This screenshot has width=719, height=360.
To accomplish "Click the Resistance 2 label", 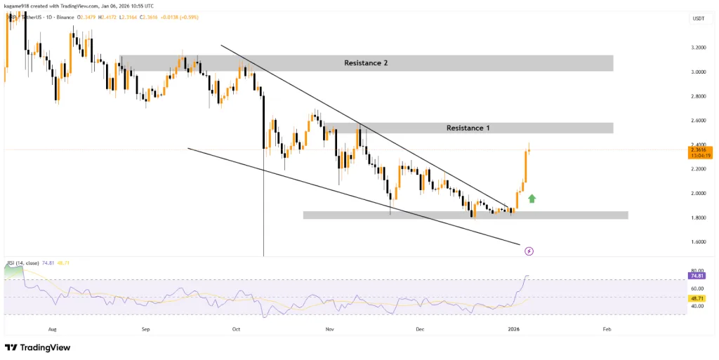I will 366,63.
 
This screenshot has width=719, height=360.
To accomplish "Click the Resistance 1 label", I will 468,128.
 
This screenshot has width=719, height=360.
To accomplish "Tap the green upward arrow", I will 532,199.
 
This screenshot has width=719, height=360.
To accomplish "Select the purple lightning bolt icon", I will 529,251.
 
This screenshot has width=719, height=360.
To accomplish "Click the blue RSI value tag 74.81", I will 697,277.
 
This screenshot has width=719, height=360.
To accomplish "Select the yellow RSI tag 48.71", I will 697,298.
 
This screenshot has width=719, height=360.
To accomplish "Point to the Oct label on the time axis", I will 236,328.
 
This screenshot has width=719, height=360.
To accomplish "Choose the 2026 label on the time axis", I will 514,328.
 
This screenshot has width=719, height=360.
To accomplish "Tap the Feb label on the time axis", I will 607,328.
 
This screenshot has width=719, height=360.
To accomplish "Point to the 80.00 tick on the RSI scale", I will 697,270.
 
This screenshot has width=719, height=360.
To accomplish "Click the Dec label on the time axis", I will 420,328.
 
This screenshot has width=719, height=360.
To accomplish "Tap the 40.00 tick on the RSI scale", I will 697,306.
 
